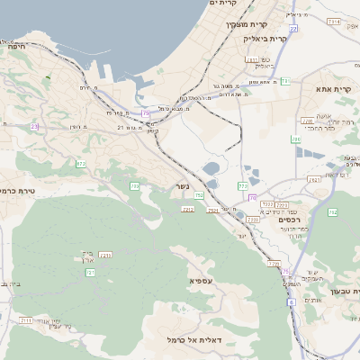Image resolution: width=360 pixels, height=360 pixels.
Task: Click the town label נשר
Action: coord(183,190)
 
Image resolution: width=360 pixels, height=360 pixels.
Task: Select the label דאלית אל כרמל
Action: coord(194,340)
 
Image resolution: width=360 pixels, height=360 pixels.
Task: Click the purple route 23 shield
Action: coord(35,127)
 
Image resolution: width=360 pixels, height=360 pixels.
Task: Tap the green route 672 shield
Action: coord(81,164)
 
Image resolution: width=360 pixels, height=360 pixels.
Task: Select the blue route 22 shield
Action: coord(293,31)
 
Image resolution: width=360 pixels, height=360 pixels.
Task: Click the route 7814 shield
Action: coord(334,21)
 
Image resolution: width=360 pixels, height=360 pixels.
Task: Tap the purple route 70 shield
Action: coord(252,197)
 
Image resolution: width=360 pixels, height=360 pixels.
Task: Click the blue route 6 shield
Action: coord(292,302)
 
